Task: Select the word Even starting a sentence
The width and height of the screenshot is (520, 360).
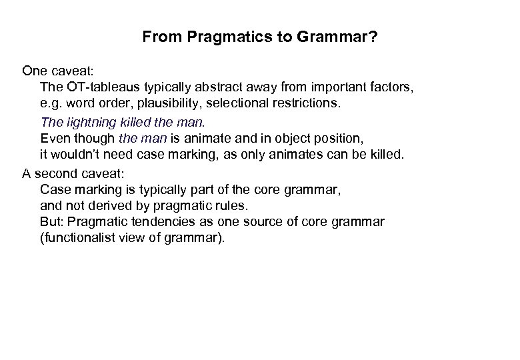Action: click(x=55, y=139)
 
